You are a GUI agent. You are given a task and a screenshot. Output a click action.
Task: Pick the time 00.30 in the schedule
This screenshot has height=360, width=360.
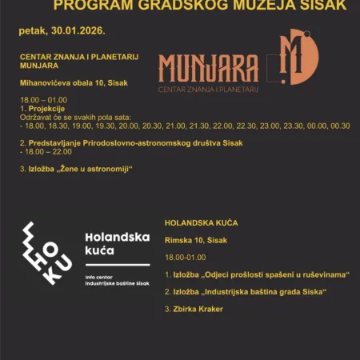point(340,125)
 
